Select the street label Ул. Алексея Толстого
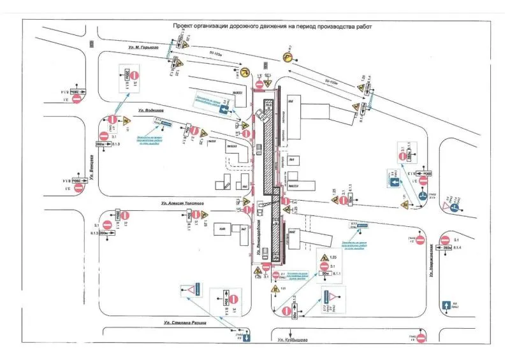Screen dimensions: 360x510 tap(182, 203)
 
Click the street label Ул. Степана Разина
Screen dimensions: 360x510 tap(184, 322)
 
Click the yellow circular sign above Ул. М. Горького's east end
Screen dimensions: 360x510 tap(288, 57)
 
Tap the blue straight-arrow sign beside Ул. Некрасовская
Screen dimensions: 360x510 tap(446, 306)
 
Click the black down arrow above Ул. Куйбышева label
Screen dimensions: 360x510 tap(290, 332)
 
